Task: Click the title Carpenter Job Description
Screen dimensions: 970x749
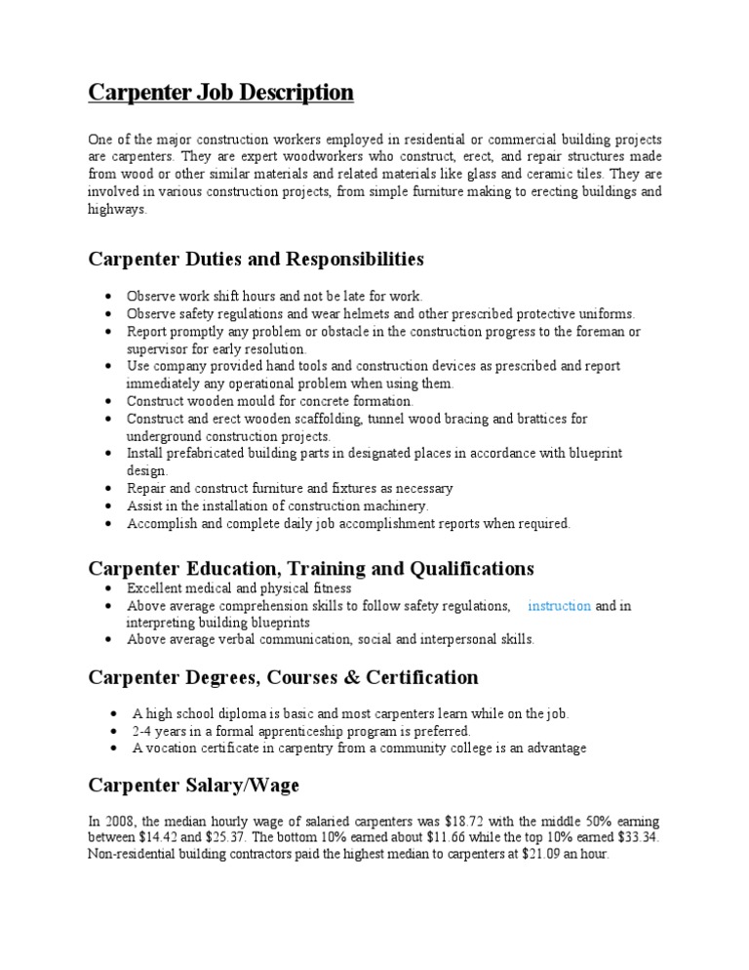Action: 220,93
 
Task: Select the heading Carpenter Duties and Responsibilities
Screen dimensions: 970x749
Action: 256,259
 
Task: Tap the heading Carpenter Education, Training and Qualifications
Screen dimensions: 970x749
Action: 311,568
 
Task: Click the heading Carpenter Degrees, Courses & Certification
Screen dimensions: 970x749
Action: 283,677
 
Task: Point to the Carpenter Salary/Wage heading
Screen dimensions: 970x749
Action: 194,785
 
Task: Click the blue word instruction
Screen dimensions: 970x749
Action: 559,606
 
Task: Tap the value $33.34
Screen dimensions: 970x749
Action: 639,837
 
